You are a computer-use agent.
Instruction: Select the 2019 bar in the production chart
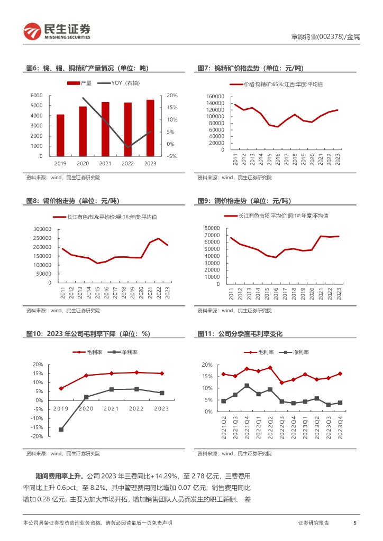pos(60,135)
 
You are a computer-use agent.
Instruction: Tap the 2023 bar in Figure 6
pos(150,128)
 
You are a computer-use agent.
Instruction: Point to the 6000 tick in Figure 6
pos(37,95)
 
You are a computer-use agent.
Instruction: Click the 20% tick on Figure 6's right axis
pos(172,95)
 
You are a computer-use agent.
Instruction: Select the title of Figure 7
pos(251,68)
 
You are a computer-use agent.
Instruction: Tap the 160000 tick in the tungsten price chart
pos(215,96)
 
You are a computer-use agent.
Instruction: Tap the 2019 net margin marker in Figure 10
pos(61,430)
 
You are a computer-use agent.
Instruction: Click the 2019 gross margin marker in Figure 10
pos(61,388)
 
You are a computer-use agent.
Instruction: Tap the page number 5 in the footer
pos(354,523)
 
